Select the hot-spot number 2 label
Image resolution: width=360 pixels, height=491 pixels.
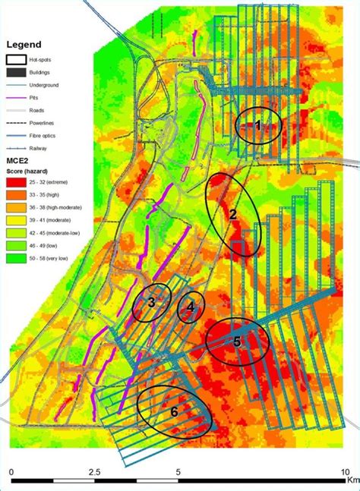click(x=233, y=215)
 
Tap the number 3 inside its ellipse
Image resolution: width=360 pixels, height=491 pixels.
click(x=151, y=303)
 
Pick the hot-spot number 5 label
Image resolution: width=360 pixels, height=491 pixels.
click(x=237, y=341)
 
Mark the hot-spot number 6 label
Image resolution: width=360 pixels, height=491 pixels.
click(x=174, y=411)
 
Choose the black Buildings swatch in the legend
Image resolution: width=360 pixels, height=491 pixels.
click(x=17, y=74)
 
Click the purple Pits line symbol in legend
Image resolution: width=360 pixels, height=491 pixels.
click(x=17, y=98)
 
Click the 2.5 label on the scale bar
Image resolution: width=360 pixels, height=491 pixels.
click(x=94, y=471)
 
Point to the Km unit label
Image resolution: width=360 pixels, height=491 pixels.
click(x=352, y=480)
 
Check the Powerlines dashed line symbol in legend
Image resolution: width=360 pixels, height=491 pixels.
click(x=17, y=124)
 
